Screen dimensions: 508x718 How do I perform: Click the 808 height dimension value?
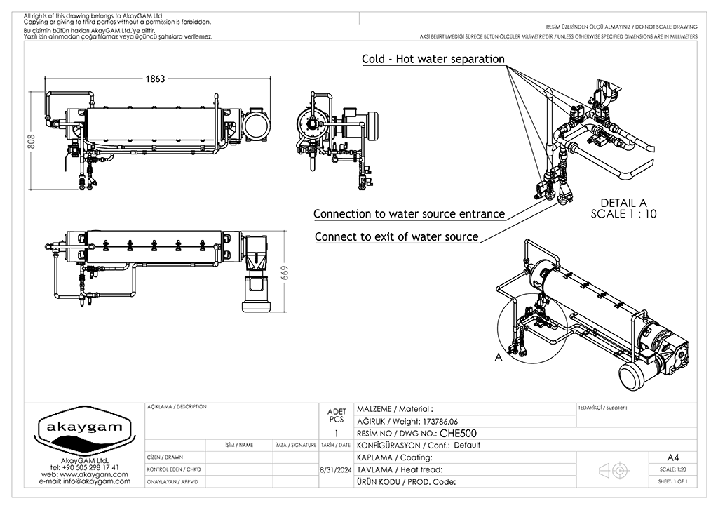[x=31, y=142]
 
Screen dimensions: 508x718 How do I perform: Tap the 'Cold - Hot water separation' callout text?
[x=433, y=59]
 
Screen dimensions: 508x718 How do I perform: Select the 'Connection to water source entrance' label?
[x=409, y=213]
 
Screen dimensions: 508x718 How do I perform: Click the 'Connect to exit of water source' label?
[x=396, y=236]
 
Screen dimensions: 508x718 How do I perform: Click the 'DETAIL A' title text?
[x=623, y=203]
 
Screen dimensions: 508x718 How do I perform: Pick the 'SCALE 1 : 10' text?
[x=623, y=214]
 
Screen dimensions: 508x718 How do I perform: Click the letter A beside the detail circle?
[x=499, y=356]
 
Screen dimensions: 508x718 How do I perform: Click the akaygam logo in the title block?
[x=84, y=430]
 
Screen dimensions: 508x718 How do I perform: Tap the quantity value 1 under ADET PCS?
[x=337, y=434]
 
